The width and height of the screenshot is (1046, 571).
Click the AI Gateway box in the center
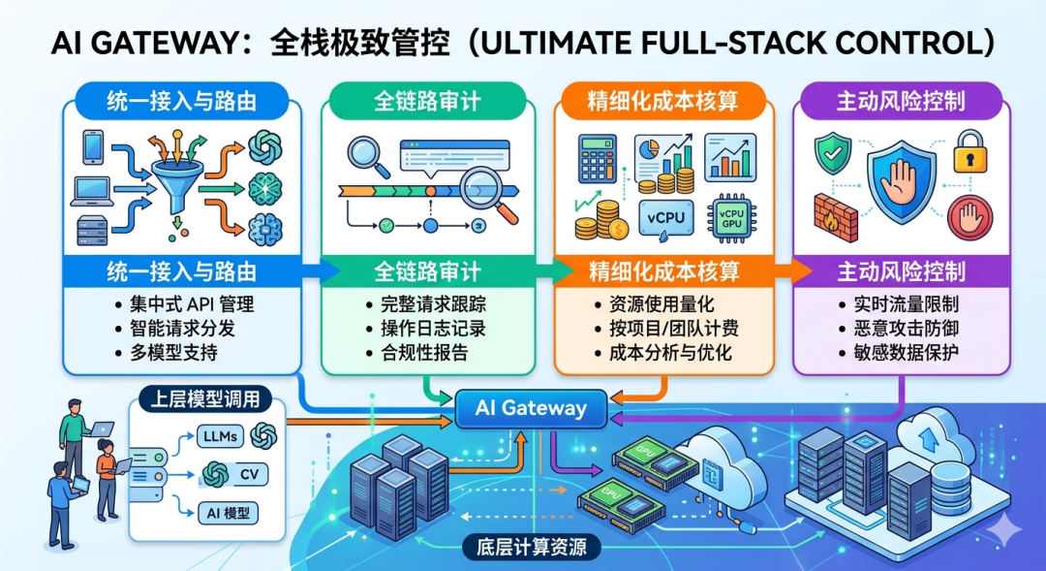pyautogui.click(x=532, y=408)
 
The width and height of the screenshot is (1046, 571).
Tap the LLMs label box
pyautogui.click(x=222, y=436)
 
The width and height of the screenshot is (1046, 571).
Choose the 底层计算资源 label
pyautogui.click(x=532, y=546)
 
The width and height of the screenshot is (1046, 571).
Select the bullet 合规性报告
pyautogui.click(x=416, y=352)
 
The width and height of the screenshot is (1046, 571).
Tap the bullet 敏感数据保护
pyautogui.click(x=900, y=352)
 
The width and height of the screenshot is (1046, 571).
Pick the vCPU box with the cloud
pyautogui.click(x=664, y=215)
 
